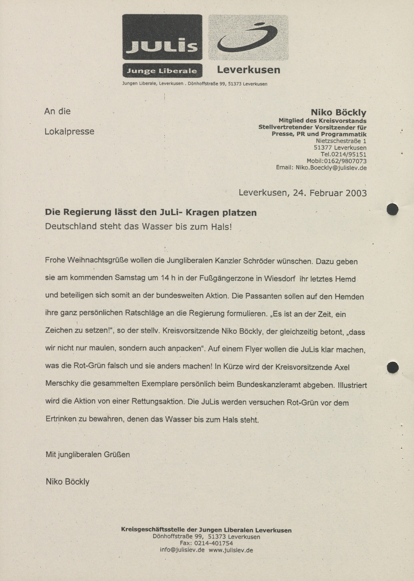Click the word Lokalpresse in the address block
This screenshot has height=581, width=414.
[69, 131]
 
